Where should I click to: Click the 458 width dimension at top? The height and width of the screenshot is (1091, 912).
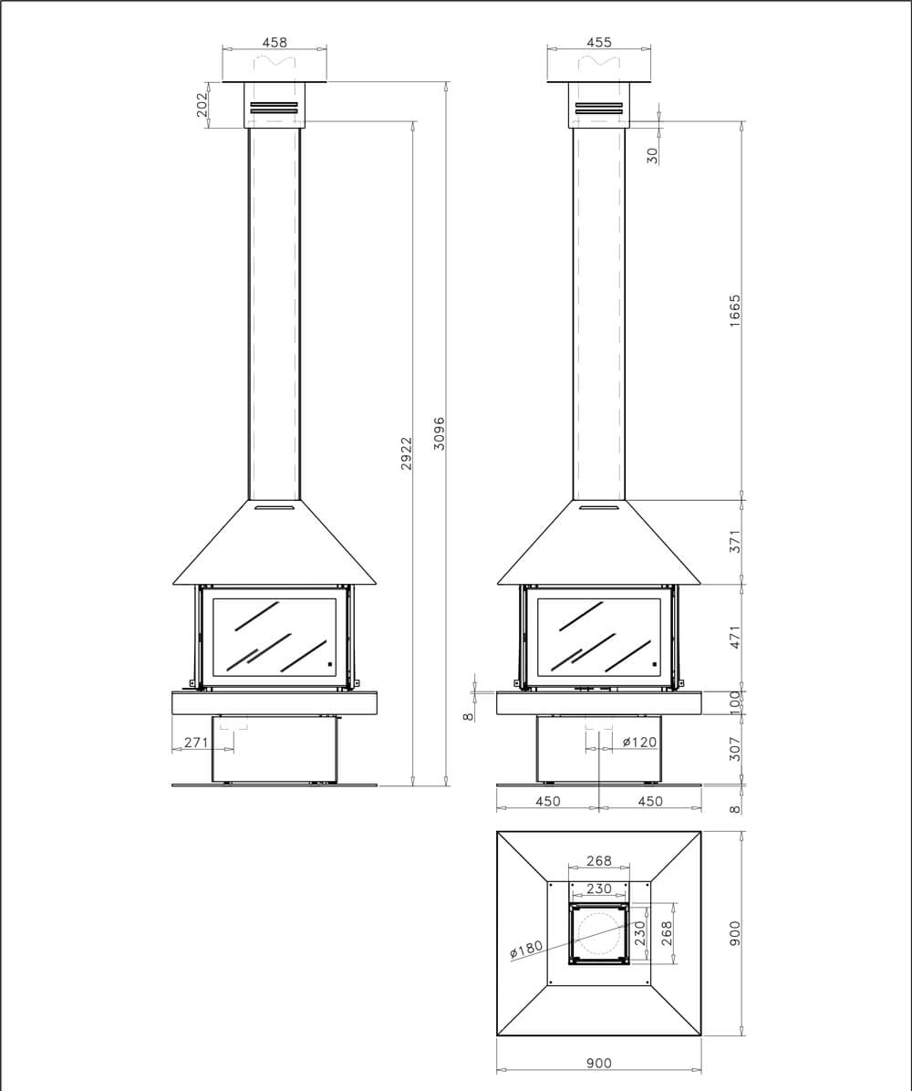tap(275, 42)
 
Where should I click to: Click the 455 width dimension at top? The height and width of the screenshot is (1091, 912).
tap(599, 42)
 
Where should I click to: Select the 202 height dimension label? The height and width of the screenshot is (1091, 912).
tap(202, 105)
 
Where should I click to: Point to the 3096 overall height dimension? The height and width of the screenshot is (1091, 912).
tap(439, 433)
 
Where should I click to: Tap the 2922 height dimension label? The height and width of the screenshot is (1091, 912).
tap(407, 453)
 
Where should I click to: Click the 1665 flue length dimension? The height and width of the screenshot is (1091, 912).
tap(735, 312)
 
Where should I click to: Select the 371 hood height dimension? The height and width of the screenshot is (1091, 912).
tap(735, 542)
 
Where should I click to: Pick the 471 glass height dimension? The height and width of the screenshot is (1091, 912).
tap(735, 637)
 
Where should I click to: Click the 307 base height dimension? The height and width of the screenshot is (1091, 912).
tap(735, 749)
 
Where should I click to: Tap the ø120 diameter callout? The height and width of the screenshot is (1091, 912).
tap(639, 742)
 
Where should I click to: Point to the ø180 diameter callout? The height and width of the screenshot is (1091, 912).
tap(526, 950)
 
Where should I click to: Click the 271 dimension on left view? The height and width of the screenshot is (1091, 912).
tap(196, 742)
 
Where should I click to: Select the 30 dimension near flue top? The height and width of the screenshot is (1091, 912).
tap(652, 156)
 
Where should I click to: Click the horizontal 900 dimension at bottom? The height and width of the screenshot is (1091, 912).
tap(599, 1063)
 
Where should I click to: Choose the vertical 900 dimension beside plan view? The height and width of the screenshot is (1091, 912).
tap(735, 933)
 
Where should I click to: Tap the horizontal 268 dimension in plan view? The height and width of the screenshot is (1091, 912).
tap(599, 861)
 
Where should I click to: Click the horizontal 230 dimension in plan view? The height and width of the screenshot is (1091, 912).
tap(599, 888)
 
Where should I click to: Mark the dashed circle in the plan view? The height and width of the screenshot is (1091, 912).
tap(598, 933)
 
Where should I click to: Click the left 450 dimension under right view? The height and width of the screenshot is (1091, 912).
tap(547, 801)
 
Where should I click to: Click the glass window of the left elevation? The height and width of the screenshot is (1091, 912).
tap(275, 637)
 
